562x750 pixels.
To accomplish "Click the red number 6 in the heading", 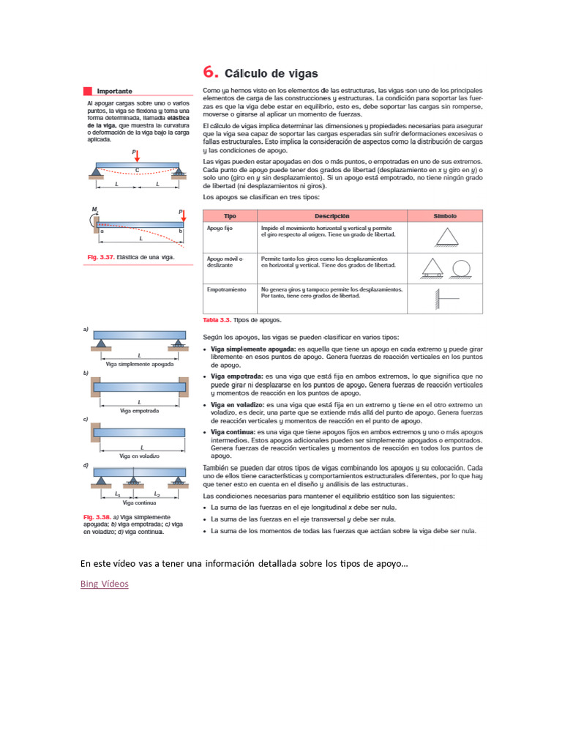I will (x=210, y=73).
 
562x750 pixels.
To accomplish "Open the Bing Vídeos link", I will (x=104, y=584).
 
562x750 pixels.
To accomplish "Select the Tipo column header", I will (x=229, y=216).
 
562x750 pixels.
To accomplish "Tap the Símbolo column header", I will (x=444, y=216).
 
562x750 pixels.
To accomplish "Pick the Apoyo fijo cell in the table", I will (x=219, y=229).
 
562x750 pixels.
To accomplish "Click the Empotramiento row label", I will (x=226, y=289).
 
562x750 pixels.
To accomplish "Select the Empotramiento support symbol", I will (x=444, y=298).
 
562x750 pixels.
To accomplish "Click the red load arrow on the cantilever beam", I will (x=182, y=216).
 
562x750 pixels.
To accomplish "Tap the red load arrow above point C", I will (x=136, y=156).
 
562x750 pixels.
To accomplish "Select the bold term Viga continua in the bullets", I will (x=233, y=433).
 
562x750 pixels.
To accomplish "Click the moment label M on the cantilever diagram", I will (x=94, y=210).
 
